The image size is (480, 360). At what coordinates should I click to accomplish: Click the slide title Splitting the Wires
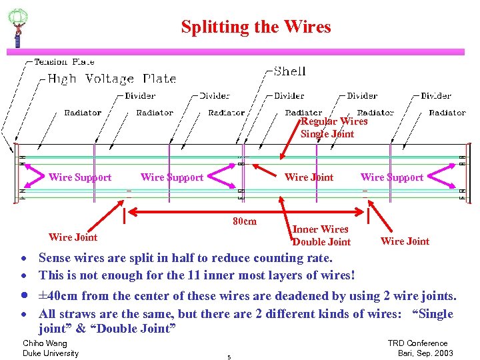point(256,27)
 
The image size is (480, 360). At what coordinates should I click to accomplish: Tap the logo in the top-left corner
point(17,27)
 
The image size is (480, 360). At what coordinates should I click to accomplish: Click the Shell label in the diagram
point(290,71)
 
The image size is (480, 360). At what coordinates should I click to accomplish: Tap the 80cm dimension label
point(244,221)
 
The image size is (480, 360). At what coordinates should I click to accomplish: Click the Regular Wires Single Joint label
point(333,127)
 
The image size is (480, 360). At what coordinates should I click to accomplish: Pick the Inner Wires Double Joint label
point(321,235)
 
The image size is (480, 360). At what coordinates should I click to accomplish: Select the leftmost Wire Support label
point(80,177)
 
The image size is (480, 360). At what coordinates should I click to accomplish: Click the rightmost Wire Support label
point(392,177)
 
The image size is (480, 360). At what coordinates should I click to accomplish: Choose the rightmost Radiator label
point(447,113)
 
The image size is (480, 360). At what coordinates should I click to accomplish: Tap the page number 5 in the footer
point(229,357)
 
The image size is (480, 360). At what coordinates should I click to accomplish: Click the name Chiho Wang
point(44,343)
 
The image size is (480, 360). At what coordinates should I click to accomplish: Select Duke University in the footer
point(51,353)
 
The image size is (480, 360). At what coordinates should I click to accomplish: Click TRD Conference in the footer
point(418,343)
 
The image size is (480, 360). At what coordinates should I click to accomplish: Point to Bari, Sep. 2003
point(425,353)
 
